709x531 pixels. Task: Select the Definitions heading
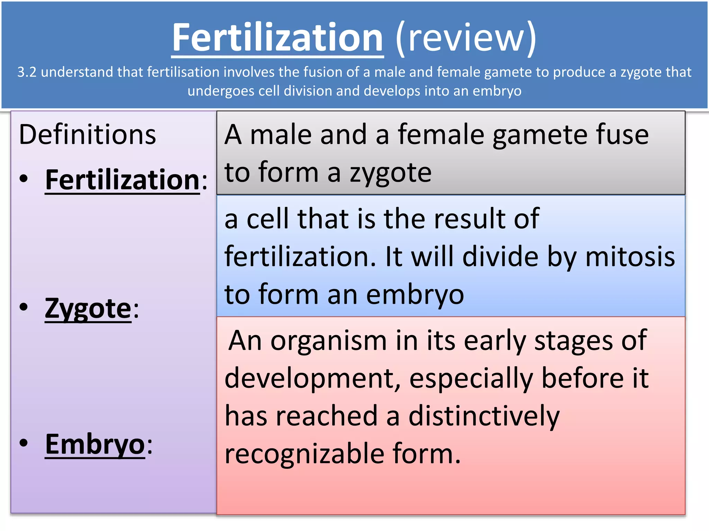pyautogui.click(x=87, y=134)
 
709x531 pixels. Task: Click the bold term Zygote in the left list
pyautogui.click(x=88, y=308)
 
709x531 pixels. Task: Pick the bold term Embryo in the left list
pyautogui.click(x=95, y=445)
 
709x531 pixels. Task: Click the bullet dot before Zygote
pyautogui.click(x=24, y=307)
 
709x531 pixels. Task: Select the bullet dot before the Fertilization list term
pyautogui.click(x=24, y=178)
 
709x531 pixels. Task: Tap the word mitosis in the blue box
pyautogui.click(x=630, y=257)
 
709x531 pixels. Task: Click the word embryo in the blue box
pyautogui.click(x=415, y=295)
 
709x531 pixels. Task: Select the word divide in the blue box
pyautogui.click(x=500, y=257)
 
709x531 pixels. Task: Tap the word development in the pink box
pyautogui.click(x=312, y=379)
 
